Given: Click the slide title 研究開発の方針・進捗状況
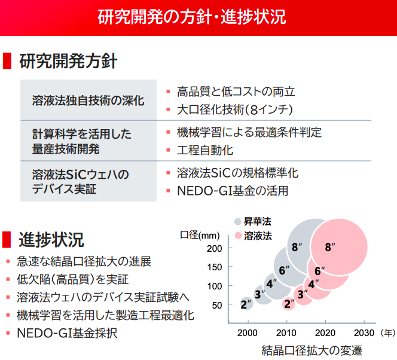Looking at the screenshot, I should click(198, 16).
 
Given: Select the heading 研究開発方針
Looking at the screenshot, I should click(68, 60).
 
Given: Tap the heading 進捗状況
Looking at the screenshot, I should click(51, 239).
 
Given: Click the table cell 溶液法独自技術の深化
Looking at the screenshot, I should click(88, 100).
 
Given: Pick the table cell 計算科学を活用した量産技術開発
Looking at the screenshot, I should click(82, 141).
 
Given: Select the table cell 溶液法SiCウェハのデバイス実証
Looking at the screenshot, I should click(81, 181).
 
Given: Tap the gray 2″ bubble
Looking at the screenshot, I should click(246, 304).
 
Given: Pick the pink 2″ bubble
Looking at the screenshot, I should click(289, 304).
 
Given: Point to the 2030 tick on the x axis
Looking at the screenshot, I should click(364, 332).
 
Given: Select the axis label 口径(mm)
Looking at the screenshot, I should click(200, 236).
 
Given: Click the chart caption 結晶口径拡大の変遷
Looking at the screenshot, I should click(312, 350).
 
